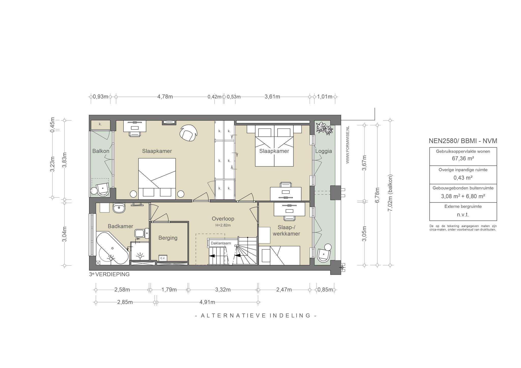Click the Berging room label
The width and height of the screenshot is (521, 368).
pyautogui.click(x=168, y=238)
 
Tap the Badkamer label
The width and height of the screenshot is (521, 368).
pyautogui.click(x=120, y=226)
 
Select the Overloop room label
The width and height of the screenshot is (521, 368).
pyautogui.click(x=223, y=219)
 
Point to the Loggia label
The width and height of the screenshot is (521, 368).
pyautogui.click(x=324, y=151)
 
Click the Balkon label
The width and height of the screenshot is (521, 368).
pyautogui.click(x=101, y=151)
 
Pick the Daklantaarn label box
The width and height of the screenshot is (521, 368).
pyautogui.click(x=221, y=243)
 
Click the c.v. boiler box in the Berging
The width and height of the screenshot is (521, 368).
pyautogui.click(x=163, y=258)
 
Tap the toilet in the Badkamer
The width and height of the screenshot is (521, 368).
pyautogui.click(x=141, y=233)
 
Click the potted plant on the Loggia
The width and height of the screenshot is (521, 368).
pyautogui.click(x=324, y=128)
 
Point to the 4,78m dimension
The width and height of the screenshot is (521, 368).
pyautogui.click(x=165, y=97)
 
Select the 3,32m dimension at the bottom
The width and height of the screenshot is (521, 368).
pyautogui.click(x=223, y=290)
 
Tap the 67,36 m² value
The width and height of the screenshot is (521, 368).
pyautogui.click(x=463, y=159)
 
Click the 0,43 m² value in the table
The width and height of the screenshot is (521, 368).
pyautogui.click(x=463, y=178)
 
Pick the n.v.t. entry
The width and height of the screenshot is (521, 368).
pyautogui.click(x=463, y=215)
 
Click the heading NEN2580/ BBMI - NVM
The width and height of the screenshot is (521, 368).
pyautogui.click(x=463, y=141)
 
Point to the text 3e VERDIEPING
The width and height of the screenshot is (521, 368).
pyautogui.click(x=109, y=274)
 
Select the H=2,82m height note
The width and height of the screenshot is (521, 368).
pyautogui.click(x=223, y=225)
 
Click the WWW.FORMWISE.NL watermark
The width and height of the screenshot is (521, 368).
pyautogui.click(x=348, y=145)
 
